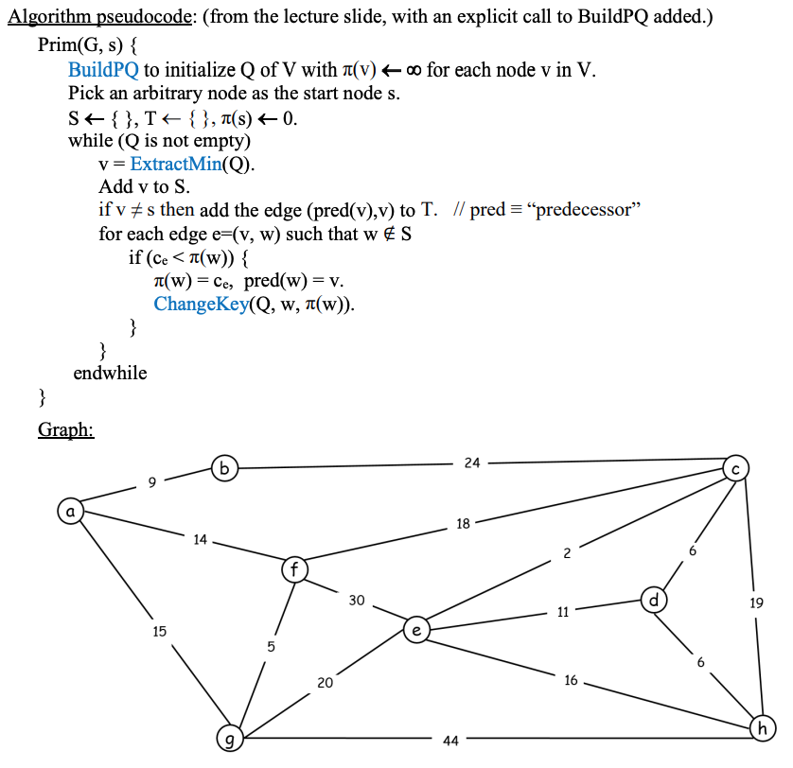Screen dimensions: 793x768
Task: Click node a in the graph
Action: coord(69,511)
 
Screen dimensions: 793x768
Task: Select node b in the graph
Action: coord(224,467)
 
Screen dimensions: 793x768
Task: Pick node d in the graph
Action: coord(653,600)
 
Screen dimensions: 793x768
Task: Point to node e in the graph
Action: coord(415,628)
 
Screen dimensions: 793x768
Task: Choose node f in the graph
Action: coord(294,570)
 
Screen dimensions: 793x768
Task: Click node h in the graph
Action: coord(761,727)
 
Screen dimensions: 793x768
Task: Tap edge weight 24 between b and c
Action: coord(472,463)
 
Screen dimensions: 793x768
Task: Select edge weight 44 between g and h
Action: coord(450,741)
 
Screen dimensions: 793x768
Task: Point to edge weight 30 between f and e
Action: coord(356,600)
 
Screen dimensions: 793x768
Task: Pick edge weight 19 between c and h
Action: coord(756,602)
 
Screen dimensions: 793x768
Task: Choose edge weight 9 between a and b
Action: coord(151,483)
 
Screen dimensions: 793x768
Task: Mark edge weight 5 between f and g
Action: coord(272,648)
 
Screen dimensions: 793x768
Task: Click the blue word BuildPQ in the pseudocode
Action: coord(103,69)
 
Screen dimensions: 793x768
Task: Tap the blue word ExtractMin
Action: coord(174,163)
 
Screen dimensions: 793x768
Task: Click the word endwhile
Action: coord(110,373)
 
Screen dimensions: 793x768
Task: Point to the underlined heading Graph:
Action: coord(65,430)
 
